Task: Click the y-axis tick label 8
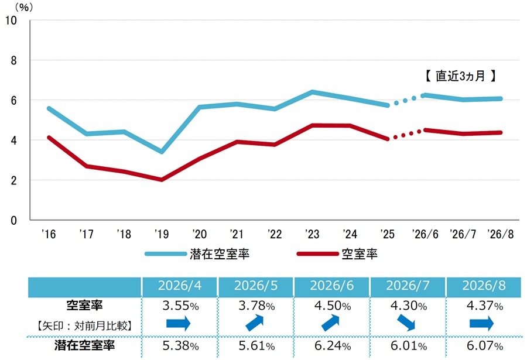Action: point(13,60)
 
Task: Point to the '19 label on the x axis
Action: point(162,234)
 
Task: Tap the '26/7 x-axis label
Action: point(463,234)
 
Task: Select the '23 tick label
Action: point(312,234)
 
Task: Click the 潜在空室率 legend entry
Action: point(197,254)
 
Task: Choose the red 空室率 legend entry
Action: point(337,254)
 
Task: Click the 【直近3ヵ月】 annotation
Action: point(460,76)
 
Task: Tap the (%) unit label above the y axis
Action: point(24,7)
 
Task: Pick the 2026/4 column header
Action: point(180,286)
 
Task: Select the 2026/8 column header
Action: point(484,286)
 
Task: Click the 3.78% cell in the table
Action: point(257,306)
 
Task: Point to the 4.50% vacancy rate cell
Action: point(333,306)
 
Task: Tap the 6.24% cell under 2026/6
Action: point(333,345)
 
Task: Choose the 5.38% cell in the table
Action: point(180,345)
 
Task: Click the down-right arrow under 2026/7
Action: point(406,323)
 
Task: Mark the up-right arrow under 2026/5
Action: point(255,323)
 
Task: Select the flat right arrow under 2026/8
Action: point(482,324)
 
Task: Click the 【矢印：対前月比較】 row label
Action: point(84,325)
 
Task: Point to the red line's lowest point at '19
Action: point(162,180)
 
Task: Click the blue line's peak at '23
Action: point(312,91)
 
